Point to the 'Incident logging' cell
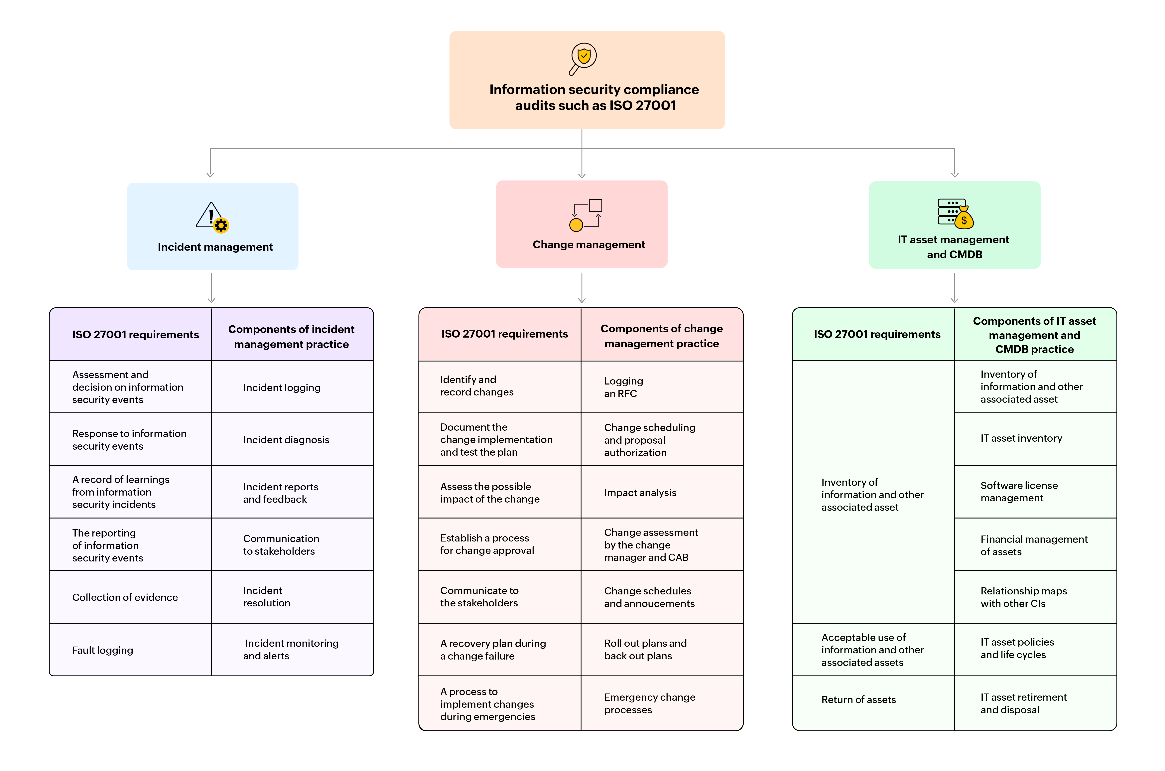[x=282, y=387]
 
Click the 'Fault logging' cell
[x=103, y=650]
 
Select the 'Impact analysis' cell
[x=640, y=493]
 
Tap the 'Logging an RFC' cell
[x=623, y=387]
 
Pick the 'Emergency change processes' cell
[x=649, y=703]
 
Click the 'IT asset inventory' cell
[x=1021, y=438]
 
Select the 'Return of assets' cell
[x=858, y=699]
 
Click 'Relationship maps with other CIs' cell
[x=1023, y=597]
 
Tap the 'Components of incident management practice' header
[x=291, y=336]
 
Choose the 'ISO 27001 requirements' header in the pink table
[x=504, y=334]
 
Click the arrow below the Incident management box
[x=211, y=289]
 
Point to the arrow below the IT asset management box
[x=954, y=289]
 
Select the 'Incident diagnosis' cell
[x=286, y=440]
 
